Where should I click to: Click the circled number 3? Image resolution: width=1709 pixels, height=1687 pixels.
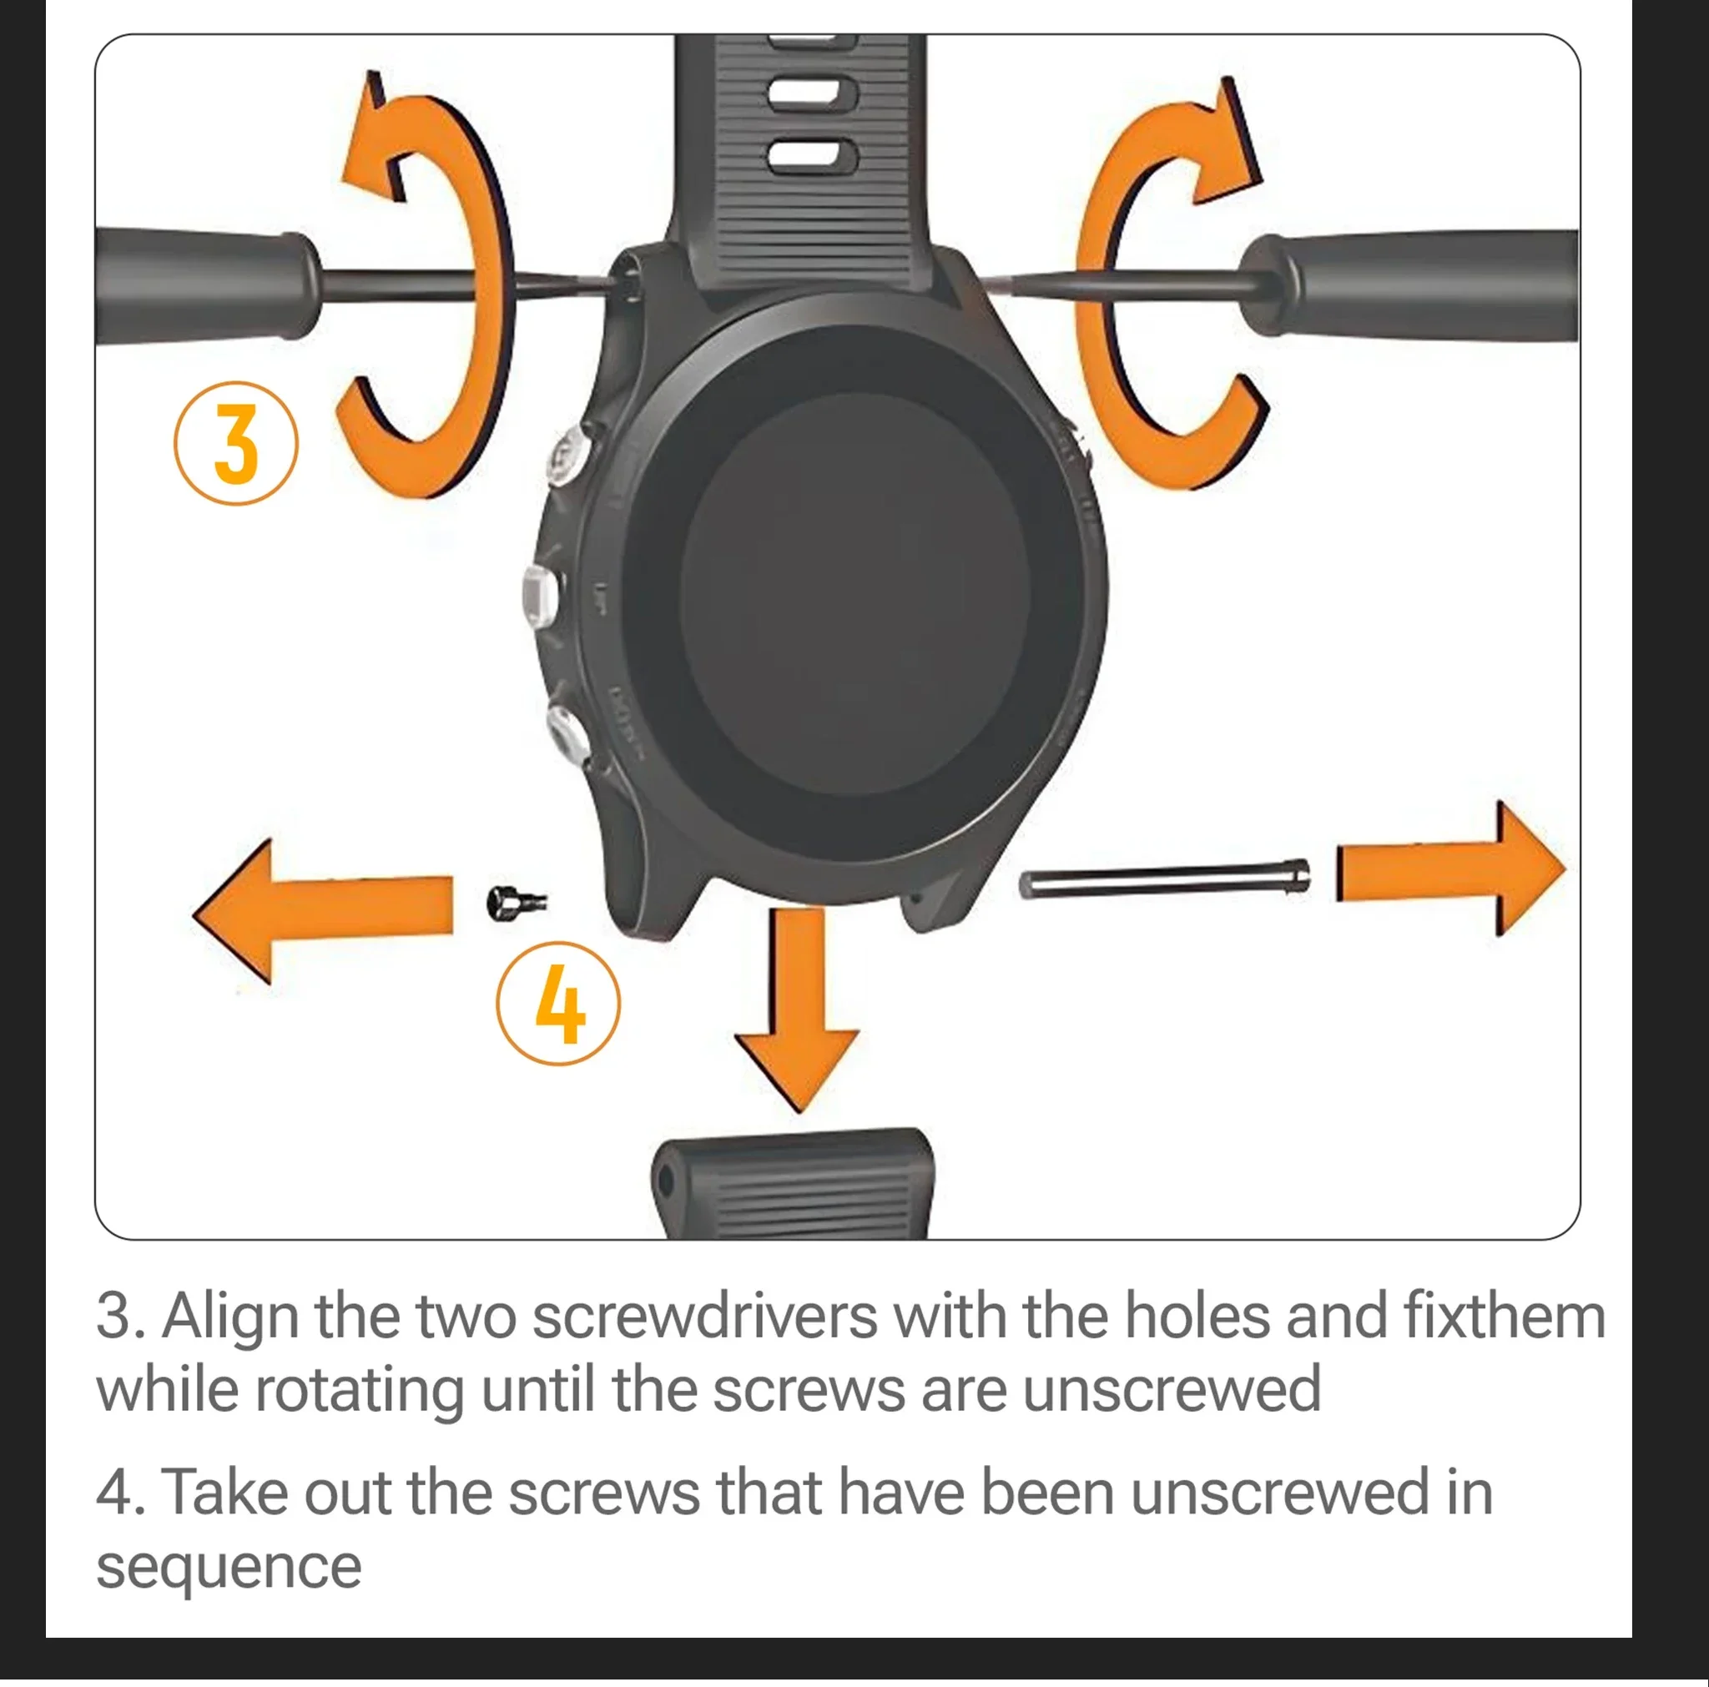point(235,443)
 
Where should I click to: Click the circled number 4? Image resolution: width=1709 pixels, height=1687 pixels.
point(558,1004)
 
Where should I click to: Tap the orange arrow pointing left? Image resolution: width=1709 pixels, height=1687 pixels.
point(322,910)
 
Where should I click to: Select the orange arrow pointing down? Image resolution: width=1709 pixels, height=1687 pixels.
point(797,1009)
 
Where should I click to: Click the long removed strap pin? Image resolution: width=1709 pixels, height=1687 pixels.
point(1165,880)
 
